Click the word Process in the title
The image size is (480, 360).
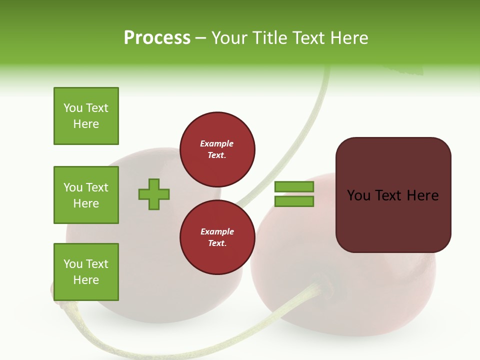pyautogui.click(x=157, y=38)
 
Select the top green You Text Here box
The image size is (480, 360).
pyautogui.click(x=86, y=116)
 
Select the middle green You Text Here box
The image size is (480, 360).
pyautogui.click(x=86, y=195)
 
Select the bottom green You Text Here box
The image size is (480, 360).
pyautogui.click(x=86, y=272)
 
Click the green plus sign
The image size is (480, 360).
pyautogui.click(x=154, y=194)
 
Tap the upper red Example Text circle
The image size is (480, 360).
pyautogui.click(x=217, y=149)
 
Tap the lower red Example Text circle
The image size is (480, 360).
pyautogui.click(x=217, y=237)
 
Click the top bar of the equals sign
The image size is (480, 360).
pyautogui.click(x=294, y=187)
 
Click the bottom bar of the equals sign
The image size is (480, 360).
pyautogui.click(x=294, y=201)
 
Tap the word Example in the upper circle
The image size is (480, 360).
pyautogui.click(x=217, y=143)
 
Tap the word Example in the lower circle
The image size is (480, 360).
pyautogui.click(x=217, y=231)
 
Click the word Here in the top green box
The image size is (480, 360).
pyautogui.click(x=86, y=124)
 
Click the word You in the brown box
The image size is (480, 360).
pyautogui.click(x=359, y=195)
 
